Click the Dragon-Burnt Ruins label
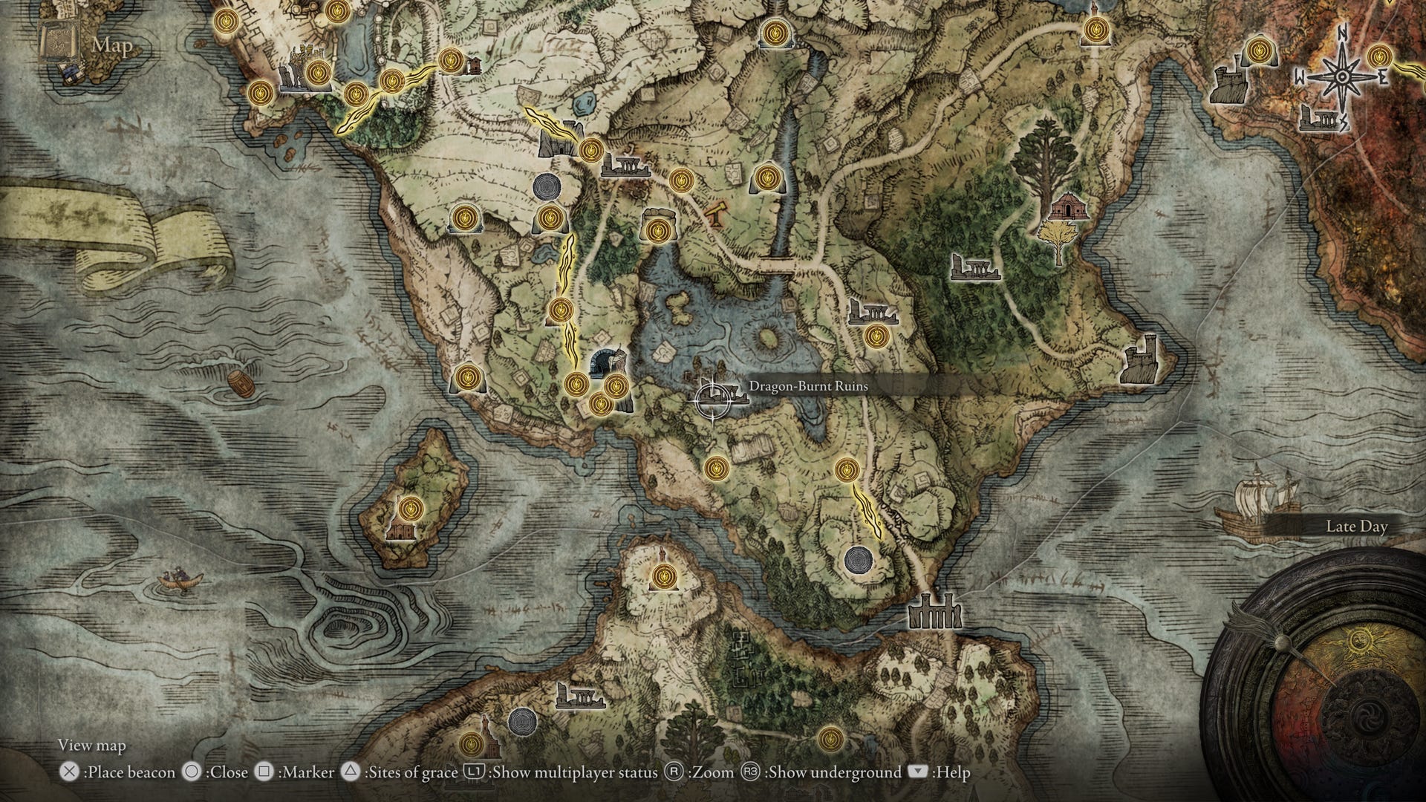(x=808, y=386)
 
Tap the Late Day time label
(x=1356, y=526)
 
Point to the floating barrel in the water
(x=238, y=384)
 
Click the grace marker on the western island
(x=408, y=509)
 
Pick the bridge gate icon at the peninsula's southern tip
(x=935, y=612)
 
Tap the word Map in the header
(x=112, y=45)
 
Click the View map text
(x=92, y=745)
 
